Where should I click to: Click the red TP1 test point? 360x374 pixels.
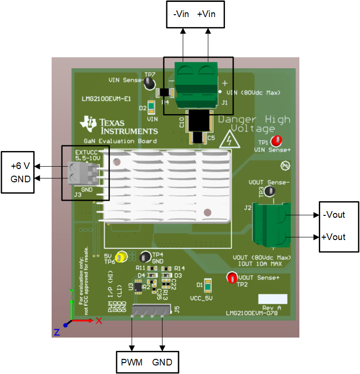coord(276,141)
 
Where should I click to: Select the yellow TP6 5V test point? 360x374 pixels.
coord(122,257)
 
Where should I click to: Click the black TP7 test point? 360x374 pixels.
coord(150,83)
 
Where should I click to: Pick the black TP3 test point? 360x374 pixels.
coord(270,192)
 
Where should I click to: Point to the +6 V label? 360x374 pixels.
coord(21,166)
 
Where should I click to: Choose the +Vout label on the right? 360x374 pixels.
coord(333,237)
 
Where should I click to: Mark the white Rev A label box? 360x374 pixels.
coord(272,299)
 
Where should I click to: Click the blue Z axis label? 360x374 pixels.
coord(57,332)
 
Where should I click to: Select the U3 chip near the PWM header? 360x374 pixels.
coord(138,286)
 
